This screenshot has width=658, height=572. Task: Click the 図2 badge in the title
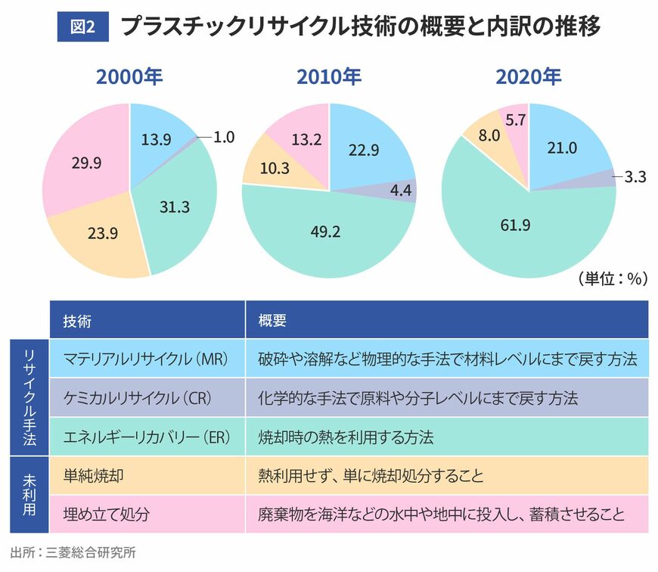point(82,26)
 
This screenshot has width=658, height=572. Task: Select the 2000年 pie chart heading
point(129,77)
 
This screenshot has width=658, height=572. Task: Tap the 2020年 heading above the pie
point(529,77)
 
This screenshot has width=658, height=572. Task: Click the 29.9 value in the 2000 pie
point(86,163)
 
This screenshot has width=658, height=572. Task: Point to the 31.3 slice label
point(175,207)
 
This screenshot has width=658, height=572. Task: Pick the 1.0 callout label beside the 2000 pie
point(224,137)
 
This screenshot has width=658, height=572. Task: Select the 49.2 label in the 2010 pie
point(326,232)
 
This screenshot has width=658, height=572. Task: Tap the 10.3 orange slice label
point(275,168)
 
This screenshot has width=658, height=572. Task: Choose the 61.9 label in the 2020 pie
point(515,225)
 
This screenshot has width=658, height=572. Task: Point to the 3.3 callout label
point(635,177)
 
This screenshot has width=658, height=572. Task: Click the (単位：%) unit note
point(613,278)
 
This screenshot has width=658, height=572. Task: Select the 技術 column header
point(77,321)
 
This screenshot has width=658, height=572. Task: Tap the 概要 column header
point(272,321)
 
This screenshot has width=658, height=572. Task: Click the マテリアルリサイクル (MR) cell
point(146,359)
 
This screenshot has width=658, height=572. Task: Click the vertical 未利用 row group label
point(29,495)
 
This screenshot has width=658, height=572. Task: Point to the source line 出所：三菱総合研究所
point(73,552)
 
